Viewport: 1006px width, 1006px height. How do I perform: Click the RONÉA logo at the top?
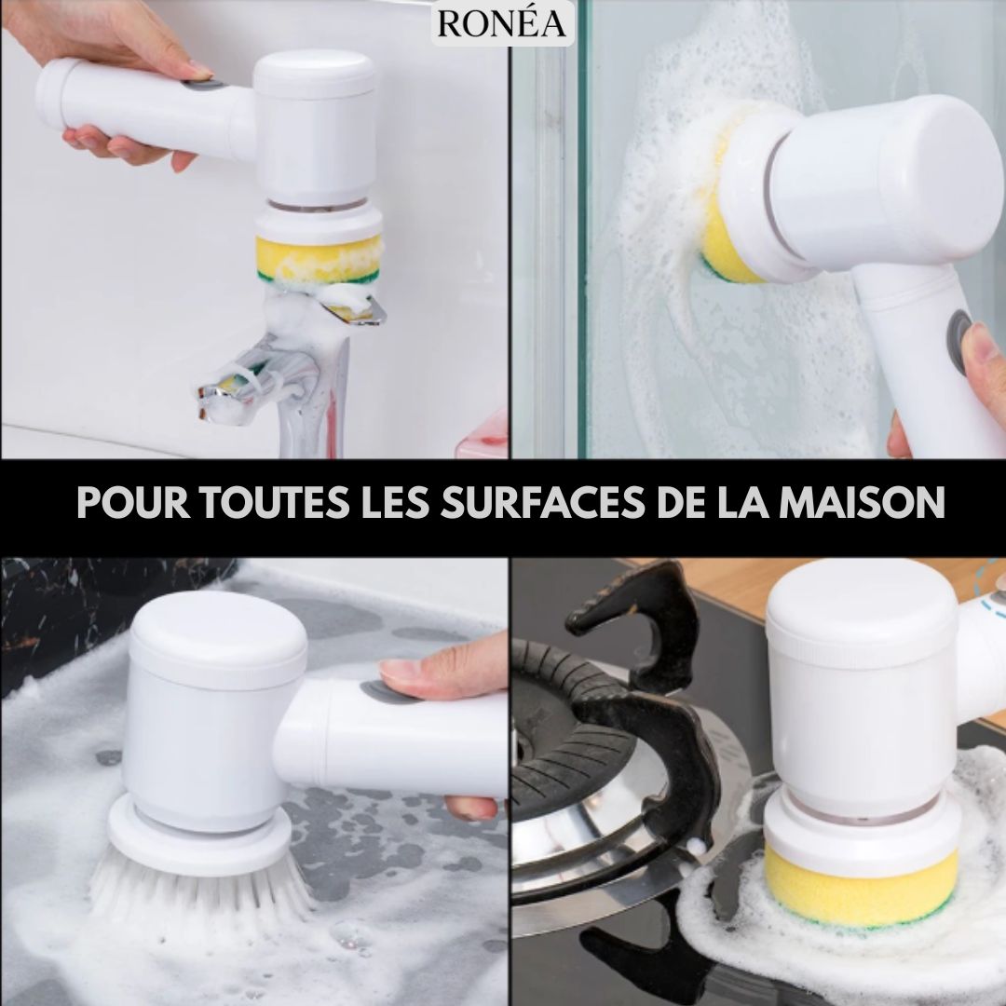502,23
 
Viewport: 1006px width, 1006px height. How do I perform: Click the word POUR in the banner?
132,502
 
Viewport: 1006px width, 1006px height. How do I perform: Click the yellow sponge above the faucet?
319,258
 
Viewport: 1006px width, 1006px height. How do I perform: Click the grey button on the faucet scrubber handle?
202,84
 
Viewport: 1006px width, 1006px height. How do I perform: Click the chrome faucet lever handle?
353,308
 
